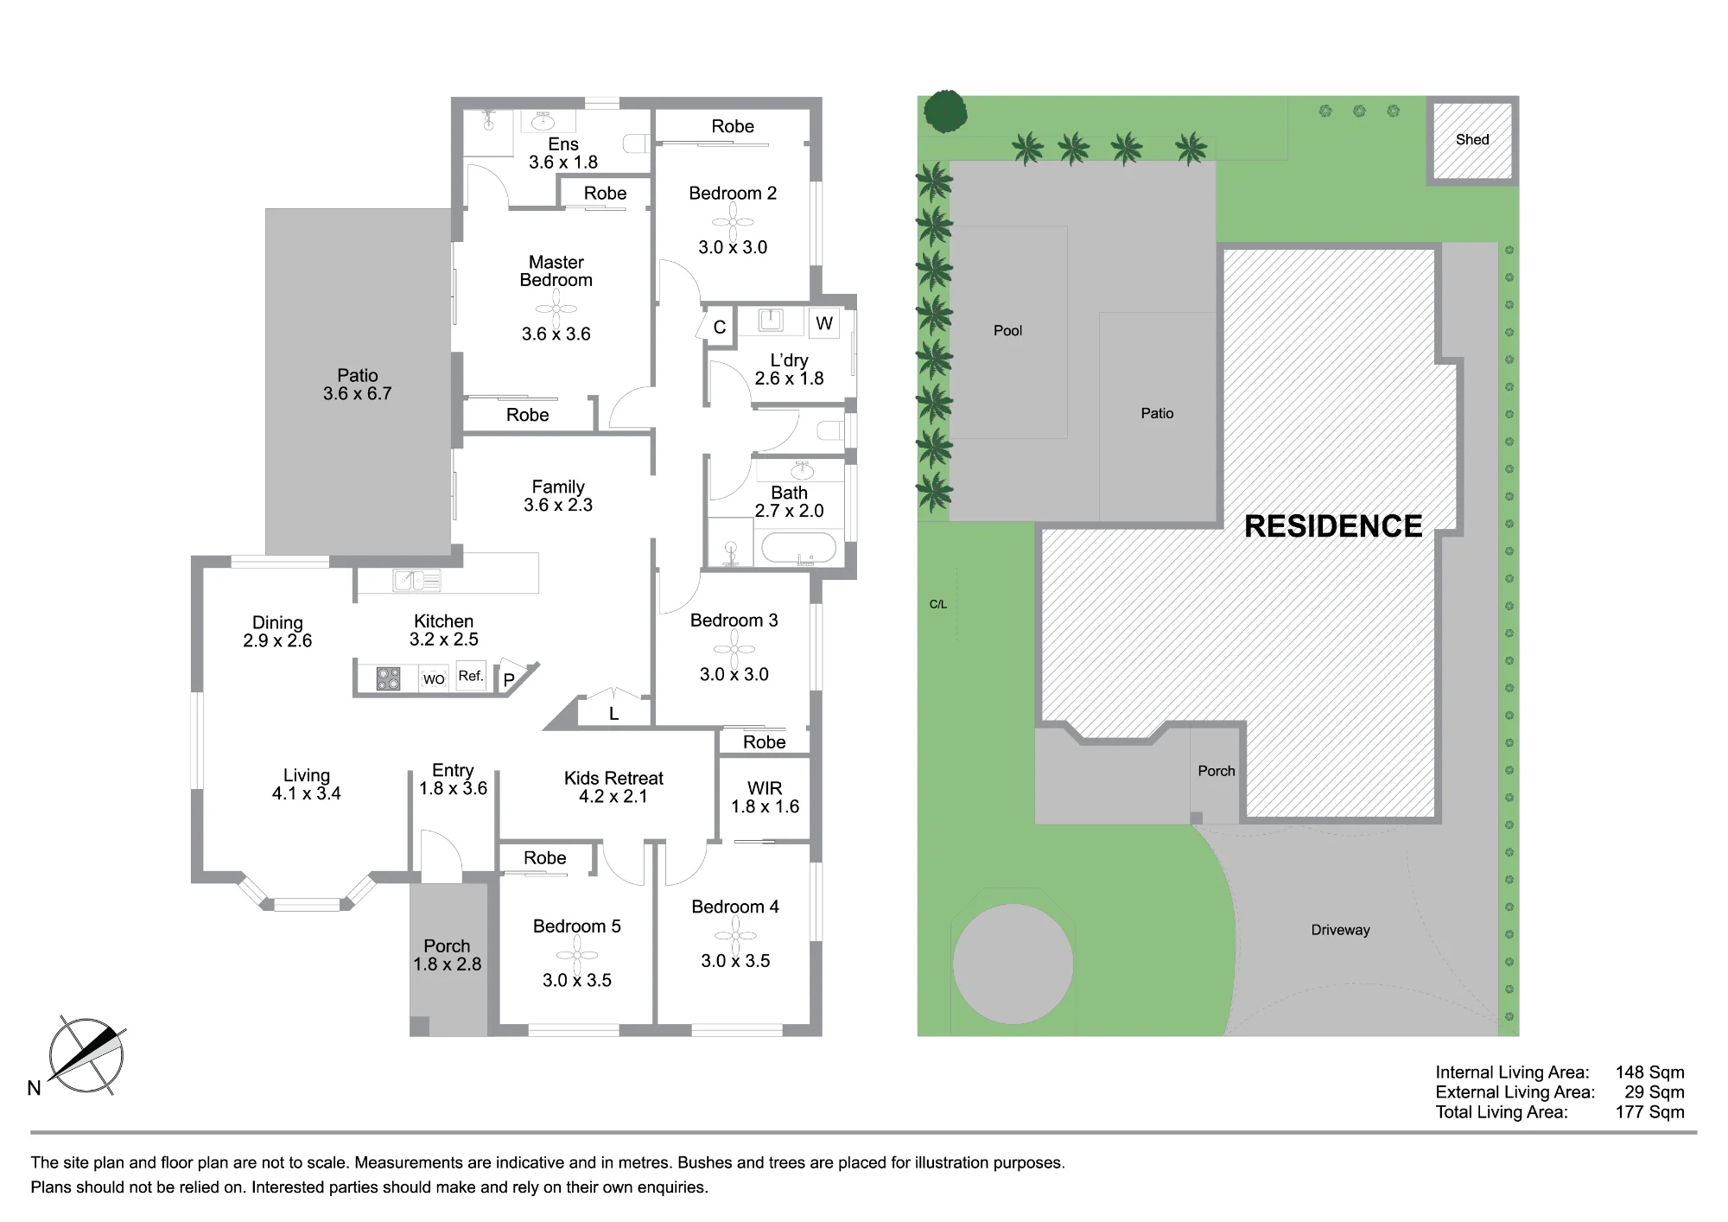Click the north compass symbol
pyautogui.click(x=86, y=1056)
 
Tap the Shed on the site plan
pyautogui.click(x=1472, y=140)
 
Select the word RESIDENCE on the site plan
pyautogui.click(x=1333, y=526)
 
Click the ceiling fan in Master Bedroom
pyautogui.click(x=556, y=309)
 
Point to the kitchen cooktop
pyautogui.click(x=389, y=678)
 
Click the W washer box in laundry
pyautogui.click(x=824, y=323)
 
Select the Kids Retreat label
pyautogui.click(x=613, y=778)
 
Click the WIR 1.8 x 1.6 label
pyautogui.click(x=765, y=797)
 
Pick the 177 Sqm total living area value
pyautogui.click(x=1649, y=1112)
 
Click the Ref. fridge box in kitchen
pyautogui.click(x=472, y=677)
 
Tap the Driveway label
pyautogui.click(x=1340, y=930)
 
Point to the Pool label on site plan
pyautogui.click(x=1007, y=330)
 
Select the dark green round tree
pyautogui.click(x=945, y=111)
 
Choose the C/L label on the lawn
pyautogui.click(x=938, y=604)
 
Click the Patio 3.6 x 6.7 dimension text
pyautogui.click(x=358, y=393)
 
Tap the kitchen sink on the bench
pyautogui.click(x=416, y=581)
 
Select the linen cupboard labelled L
pyautogui.click(x=613, y=709)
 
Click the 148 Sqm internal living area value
pyautogui.click(x=1649, y=1072)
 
